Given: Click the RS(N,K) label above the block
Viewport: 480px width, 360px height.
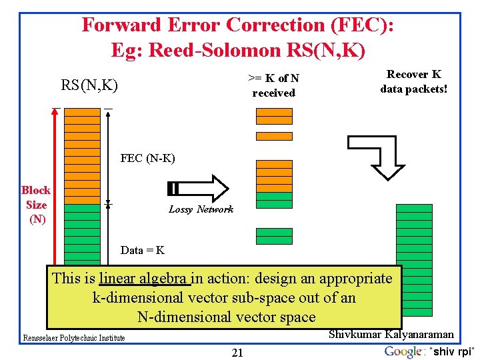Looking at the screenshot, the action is click(x=89, y=85).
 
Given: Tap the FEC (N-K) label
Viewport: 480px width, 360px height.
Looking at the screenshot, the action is click(x=147, y=159).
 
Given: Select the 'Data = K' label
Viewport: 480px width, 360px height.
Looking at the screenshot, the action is click(x=143, y=251).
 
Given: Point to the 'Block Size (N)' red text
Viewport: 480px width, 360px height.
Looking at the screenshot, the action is click(x=36, y=204).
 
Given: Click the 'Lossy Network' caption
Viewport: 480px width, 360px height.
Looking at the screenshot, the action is click(x=201, y=209).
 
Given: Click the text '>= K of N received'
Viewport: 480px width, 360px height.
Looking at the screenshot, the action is click(x=273, y=85).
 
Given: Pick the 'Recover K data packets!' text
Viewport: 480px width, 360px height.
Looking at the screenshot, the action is click(x=413, y=81).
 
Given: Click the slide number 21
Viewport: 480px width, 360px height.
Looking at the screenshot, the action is click(x=237, y=353).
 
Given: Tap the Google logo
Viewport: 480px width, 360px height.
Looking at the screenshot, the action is click(x=403, y=351).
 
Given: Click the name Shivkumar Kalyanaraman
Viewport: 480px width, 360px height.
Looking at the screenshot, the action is click(x=391, y=334).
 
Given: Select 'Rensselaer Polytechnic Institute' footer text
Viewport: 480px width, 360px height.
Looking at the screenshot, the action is click(x=73, y=338).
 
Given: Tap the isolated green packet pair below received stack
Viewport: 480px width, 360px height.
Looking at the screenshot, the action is click(x=274, y=235).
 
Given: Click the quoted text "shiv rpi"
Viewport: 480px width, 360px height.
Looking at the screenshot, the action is click(x=453, y=352).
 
